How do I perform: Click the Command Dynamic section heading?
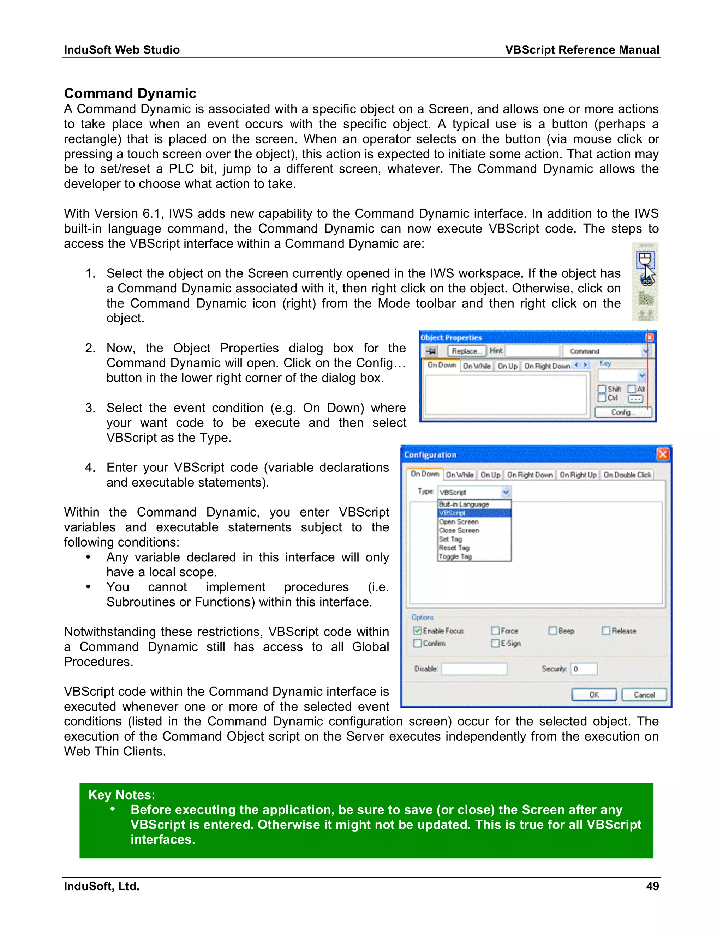[x=130, y=93]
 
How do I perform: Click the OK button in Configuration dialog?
[x=594, y=695]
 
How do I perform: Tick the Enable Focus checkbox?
[x=417, y=631]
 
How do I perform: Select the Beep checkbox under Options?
[x=552, y=631]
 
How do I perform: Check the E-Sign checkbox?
[x=495, y=643]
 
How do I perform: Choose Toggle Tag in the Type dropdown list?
[x=455, y=556]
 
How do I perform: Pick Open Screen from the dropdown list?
[x=458, y=522]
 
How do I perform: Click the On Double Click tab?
[x=627, y=475]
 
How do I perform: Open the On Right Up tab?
[x=578, y=475]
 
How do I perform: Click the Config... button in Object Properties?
[x=623, y=412]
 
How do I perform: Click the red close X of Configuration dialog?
[x=663, y=454]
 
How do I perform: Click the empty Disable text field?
[x=474, y=669]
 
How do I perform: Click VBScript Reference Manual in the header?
[x=582, y=50]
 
